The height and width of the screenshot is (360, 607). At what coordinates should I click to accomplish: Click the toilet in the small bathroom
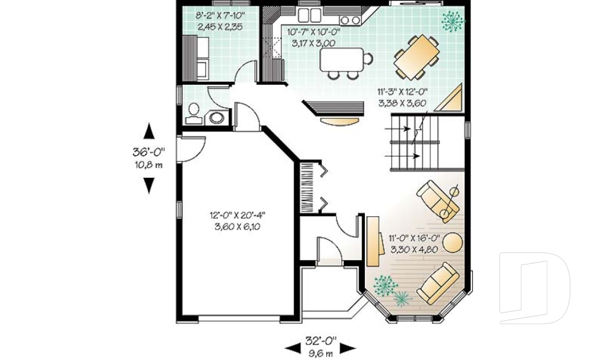[x=193, y=114]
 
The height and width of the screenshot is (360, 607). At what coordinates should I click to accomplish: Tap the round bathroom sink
[x=217, y=118]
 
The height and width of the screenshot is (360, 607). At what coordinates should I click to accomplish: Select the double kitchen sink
[x=309, y=15]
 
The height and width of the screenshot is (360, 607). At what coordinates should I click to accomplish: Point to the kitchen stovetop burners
[x=350, y=20]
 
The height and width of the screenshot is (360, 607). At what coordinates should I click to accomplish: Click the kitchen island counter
[x=342, y=59]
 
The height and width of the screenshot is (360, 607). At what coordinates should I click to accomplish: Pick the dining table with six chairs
[x=417, y=56]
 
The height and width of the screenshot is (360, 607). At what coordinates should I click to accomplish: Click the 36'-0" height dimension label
[x=149, y=151]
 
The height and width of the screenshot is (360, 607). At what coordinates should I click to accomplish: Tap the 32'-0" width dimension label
[x=321, y=341]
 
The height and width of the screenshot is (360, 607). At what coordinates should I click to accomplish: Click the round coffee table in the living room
[x=453, y=242]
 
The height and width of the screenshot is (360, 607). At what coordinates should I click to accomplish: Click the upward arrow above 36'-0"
[x=149, y=131]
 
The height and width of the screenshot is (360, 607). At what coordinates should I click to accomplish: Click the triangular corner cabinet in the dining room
[x=451, y=99]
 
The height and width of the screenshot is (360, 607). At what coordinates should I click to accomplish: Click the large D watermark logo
[x=534, y=288]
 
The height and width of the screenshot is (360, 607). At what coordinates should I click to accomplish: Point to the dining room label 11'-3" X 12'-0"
[x=402, y=92]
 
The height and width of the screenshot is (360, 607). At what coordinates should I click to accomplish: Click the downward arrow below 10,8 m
[x=149, y=185]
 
